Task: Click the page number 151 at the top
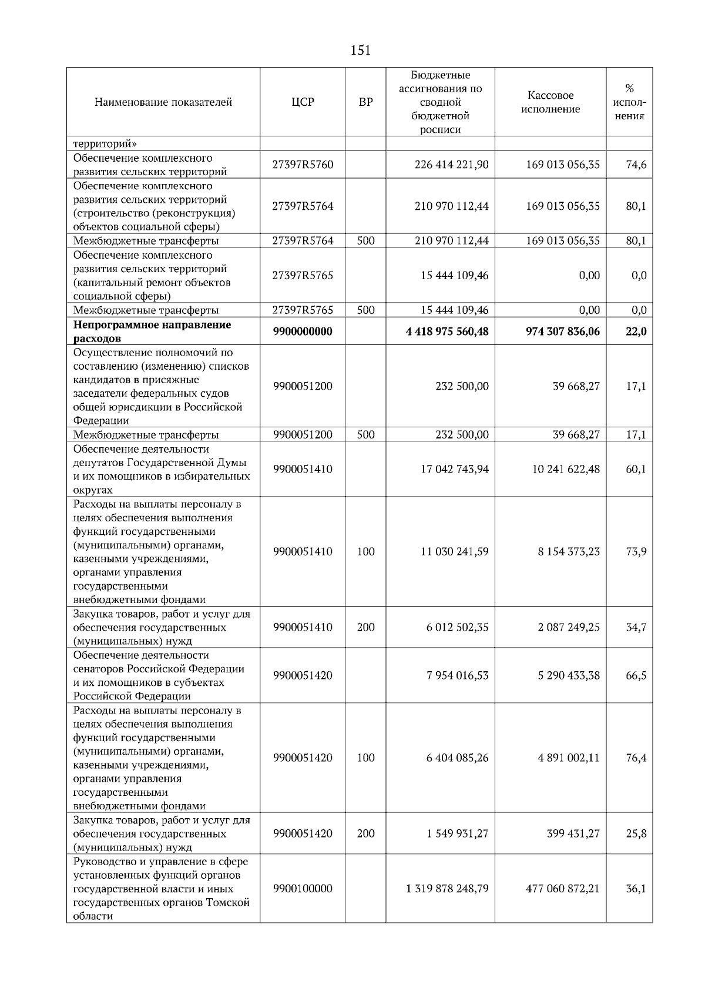pyautogui.click(x=360, y=51)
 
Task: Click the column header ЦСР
pyautogui.click(x=303, y=102)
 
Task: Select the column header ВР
pyautogui.click(x=365, y=102)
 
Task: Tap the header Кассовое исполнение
pyautogui.click(x=550, y=102)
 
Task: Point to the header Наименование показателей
pyautogui.click(x=163, y=102)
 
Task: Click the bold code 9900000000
pyautogui.click(x=303, y=331)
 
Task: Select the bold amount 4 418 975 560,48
pyautogui.click(x=447, y=331)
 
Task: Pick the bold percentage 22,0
pyautogui.click(x=636, y=331)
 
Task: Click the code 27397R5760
pyautogui.click(x=303, y=165)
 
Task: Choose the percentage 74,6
pyautogui.click(x=636, y=165)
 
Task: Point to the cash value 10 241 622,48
pyautogui.click(x=566, y=469)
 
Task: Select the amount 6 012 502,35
pyautogui.click(x=458, y=627)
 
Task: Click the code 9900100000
pyautogui.click(x=303, y=888)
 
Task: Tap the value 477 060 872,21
pyautogui.click(x=563, y=888)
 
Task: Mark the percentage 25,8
pyautogui.click(x=636, y=833)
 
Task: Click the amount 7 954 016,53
pyautogui.click(x=458, y=675)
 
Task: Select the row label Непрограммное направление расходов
pyautogui.click(x=152, y=331)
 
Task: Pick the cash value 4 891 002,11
pyautogui.click(x=569, y=758)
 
